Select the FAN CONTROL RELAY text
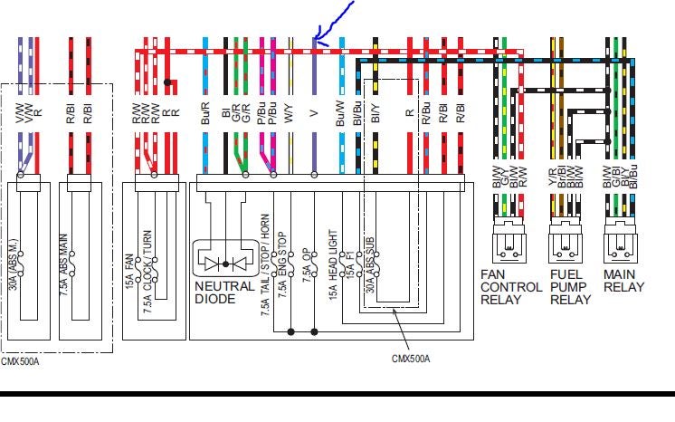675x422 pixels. click(511, 287)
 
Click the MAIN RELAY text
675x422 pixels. click(625, 281)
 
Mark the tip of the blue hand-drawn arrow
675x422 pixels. click(314, 40)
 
